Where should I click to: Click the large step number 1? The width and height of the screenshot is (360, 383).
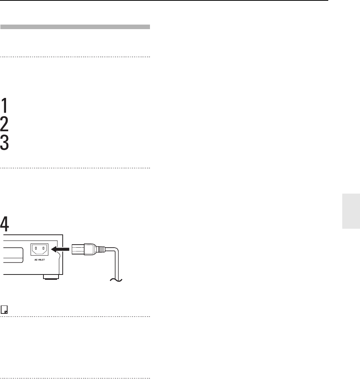[x=5, y=105]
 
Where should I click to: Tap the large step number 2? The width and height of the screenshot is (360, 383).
[x=5, y=124]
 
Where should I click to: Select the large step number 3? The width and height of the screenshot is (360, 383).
[x=5, y=143]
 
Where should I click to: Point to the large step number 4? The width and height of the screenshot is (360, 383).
[x=5, y=224]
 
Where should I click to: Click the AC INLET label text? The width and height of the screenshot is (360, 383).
[x=40, y=260]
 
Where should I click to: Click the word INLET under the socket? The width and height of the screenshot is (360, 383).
[x=41, y=260]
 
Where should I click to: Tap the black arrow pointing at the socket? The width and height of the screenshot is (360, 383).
[x=60, y=249]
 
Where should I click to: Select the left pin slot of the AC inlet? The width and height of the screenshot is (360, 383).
[x=36, y=248]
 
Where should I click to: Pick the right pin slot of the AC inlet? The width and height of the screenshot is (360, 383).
[x=43, y=248]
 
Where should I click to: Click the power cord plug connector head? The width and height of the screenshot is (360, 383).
[x=83, y=250]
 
